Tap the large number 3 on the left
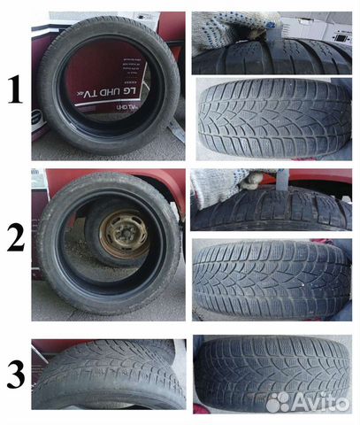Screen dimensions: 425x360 14,375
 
